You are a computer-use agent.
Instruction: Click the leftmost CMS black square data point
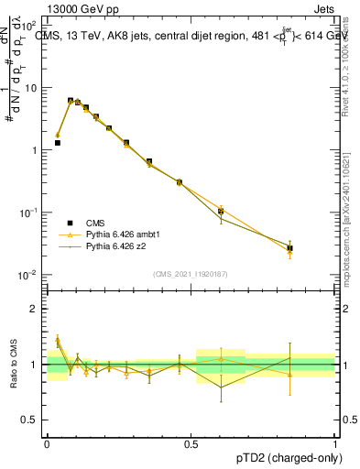57,143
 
